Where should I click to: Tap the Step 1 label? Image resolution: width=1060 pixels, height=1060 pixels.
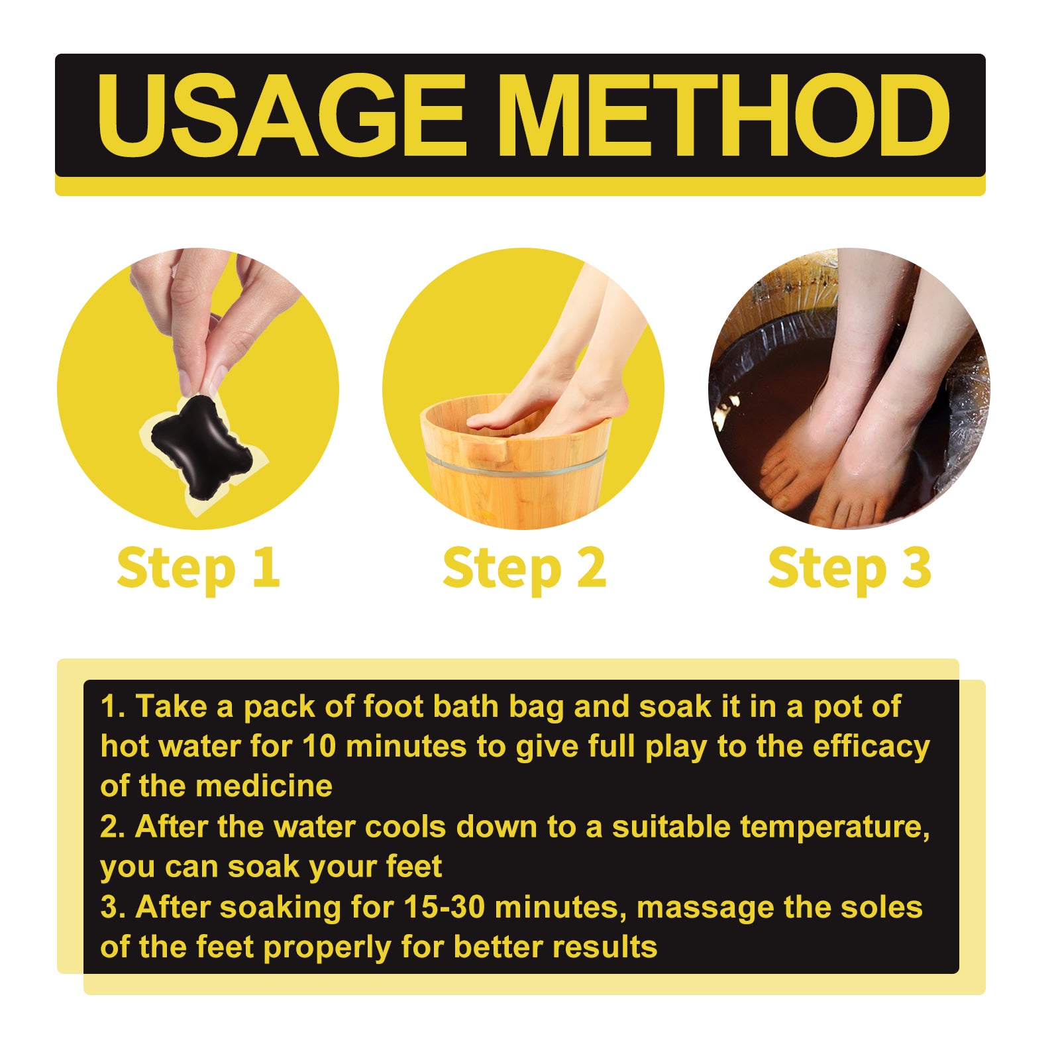click(x=198, y=568)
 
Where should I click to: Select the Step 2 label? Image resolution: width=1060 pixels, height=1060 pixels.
click(x=524, y=568)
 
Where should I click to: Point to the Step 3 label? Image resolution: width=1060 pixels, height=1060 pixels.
click(x=849, y=568)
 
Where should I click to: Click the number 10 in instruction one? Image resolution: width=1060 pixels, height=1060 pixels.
click(x=321, y=747)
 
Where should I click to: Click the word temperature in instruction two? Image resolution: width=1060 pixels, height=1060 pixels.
click(x=835, y=827)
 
